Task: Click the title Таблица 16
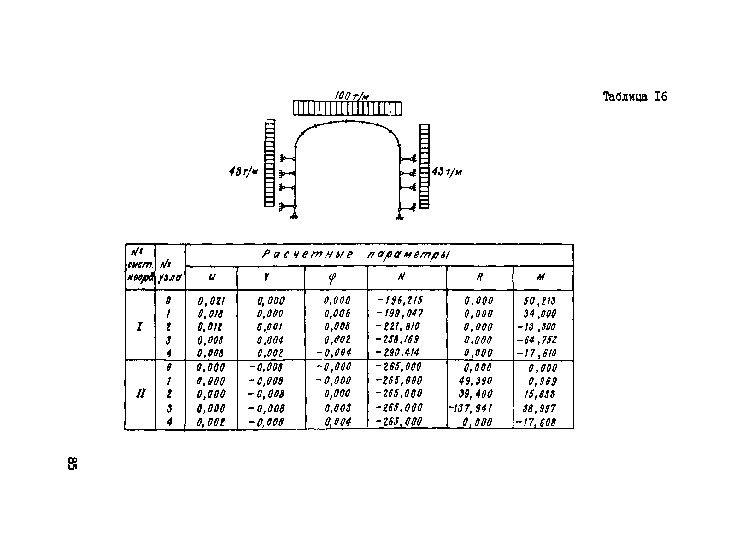pyautogui.click(x=635, y=96)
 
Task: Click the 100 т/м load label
pyautogui.click(x=351, y=96)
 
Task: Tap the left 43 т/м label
pyautogui.click(x=243, y=171)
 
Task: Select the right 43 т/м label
pyautogui.click(x=447, y=172)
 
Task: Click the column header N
pyautogui.click(x=401, y=277)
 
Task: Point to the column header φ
pyautogui.click(x=332, y=278)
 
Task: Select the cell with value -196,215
pyautogui.click(x=400, y=300)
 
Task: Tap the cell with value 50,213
pyautogui.click(x=540, y=301)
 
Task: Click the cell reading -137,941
pyautogui.click(x=470, y=408)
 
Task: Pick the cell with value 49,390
pyautogui.click(x=475, y=381)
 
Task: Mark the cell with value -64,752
pyautogui.click(x=537, y=340)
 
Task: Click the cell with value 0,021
pyautogui.click(x=211, y=301)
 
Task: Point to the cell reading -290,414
pyautogui.click(x=397, y=353)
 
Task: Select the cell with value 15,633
pyautogui.click(x=540, y=394)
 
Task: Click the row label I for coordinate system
pyautogui.click(x=140, y=326)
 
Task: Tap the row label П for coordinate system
pyautogui.click(x=141, y=393)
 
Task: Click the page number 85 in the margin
pyautogui.click(x=72, y=463)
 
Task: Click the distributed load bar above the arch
pyautogui.click(x=347, y=108)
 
